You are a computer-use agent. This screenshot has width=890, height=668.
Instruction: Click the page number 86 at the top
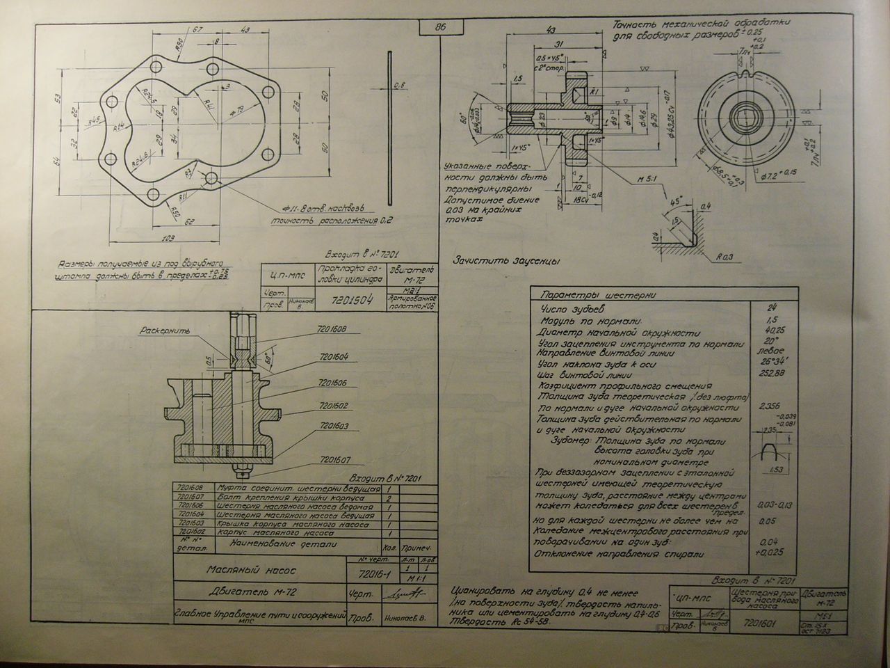tap(439, 28)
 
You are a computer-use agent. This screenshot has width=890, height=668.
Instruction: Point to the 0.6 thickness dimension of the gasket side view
tap(398, 85)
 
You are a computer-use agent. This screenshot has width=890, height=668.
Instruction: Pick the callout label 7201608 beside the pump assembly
tap(334, 329)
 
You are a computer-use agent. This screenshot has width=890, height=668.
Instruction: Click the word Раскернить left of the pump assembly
tap(160, 331)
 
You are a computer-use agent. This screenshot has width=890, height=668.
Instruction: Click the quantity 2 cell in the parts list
tap(390, 499)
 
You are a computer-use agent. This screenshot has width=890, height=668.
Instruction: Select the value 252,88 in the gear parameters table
tap(769, 373)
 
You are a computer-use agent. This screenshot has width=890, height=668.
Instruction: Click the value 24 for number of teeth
tap(769, 308)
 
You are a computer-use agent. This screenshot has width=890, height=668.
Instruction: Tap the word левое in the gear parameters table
tap(769, 351)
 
